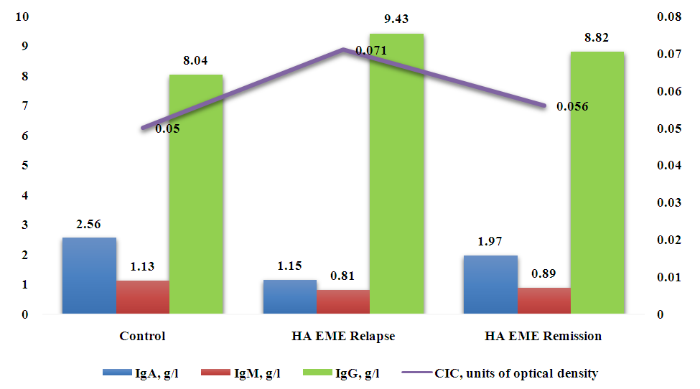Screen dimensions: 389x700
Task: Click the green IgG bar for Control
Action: [196, 194]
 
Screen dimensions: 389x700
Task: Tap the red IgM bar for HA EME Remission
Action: [544, 301]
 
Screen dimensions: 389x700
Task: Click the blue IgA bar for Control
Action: [89, 276]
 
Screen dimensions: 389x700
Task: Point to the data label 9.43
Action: [396, 19]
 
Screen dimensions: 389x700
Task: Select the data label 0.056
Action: [573, 107]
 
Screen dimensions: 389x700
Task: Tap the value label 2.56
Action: [89, 224]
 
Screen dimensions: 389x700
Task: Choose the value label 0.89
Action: [544, 274]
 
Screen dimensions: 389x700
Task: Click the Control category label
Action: [142, 336]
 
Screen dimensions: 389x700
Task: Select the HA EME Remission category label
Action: [543, 336]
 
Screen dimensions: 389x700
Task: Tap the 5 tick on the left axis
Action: [24, 166]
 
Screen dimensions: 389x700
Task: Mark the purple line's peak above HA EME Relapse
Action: [343, 50]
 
